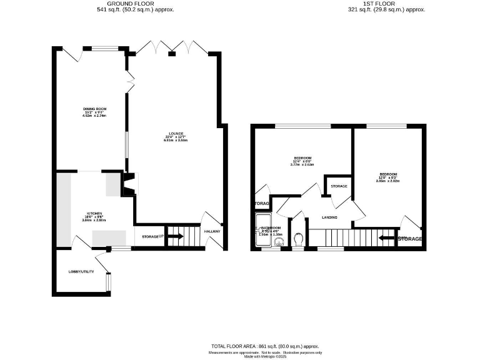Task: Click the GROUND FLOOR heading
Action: click(135, 3)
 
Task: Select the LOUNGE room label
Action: click(176, 132)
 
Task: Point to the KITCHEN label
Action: click(94, 214)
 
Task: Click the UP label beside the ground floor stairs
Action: click(161, 236)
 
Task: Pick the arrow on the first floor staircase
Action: click(388, 238)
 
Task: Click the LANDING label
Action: click(329, 217)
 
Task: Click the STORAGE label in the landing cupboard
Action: click(339, 186)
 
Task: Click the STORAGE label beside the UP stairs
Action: click(149, 237)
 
